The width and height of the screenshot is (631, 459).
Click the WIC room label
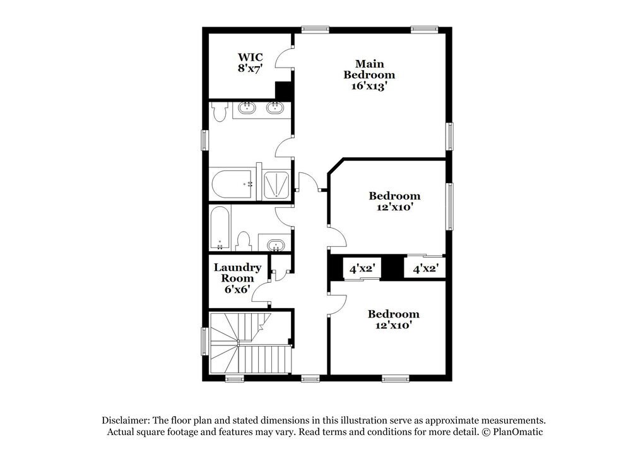250,57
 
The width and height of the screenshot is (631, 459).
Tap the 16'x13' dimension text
369,86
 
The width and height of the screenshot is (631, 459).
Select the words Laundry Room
237,273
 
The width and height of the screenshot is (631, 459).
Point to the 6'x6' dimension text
237,289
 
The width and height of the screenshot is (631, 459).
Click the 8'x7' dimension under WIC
250,68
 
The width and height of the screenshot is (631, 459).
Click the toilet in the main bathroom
219,112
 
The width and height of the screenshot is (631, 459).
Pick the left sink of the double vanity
245,109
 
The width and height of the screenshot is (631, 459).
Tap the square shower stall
276,184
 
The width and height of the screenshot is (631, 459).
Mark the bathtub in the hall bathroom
220,228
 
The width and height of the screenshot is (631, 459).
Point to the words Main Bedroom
369,69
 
